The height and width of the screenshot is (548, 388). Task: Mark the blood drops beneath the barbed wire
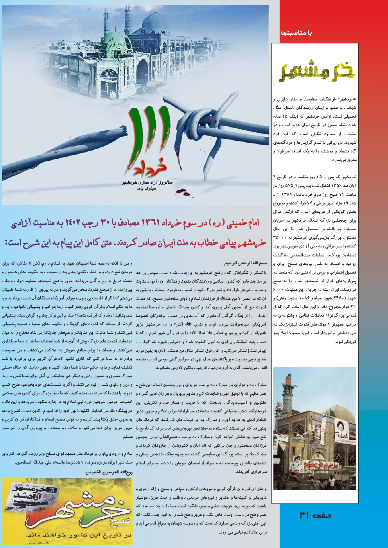pos(182,191)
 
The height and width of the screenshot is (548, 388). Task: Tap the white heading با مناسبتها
pos(296,33)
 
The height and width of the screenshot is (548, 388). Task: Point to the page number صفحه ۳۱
pos(315,515)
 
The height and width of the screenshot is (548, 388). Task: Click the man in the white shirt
pos(331,479)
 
